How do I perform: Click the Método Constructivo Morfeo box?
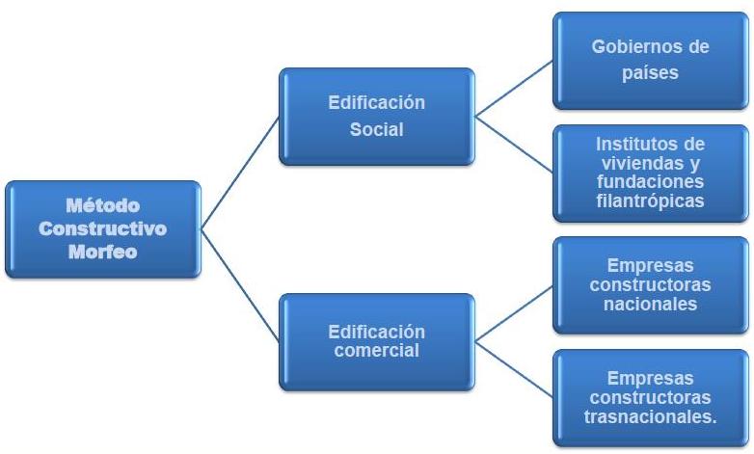103,229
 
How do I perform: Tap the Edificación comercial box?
375,341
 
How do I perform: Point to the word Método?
102,205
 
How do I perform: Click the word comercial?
375,351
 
